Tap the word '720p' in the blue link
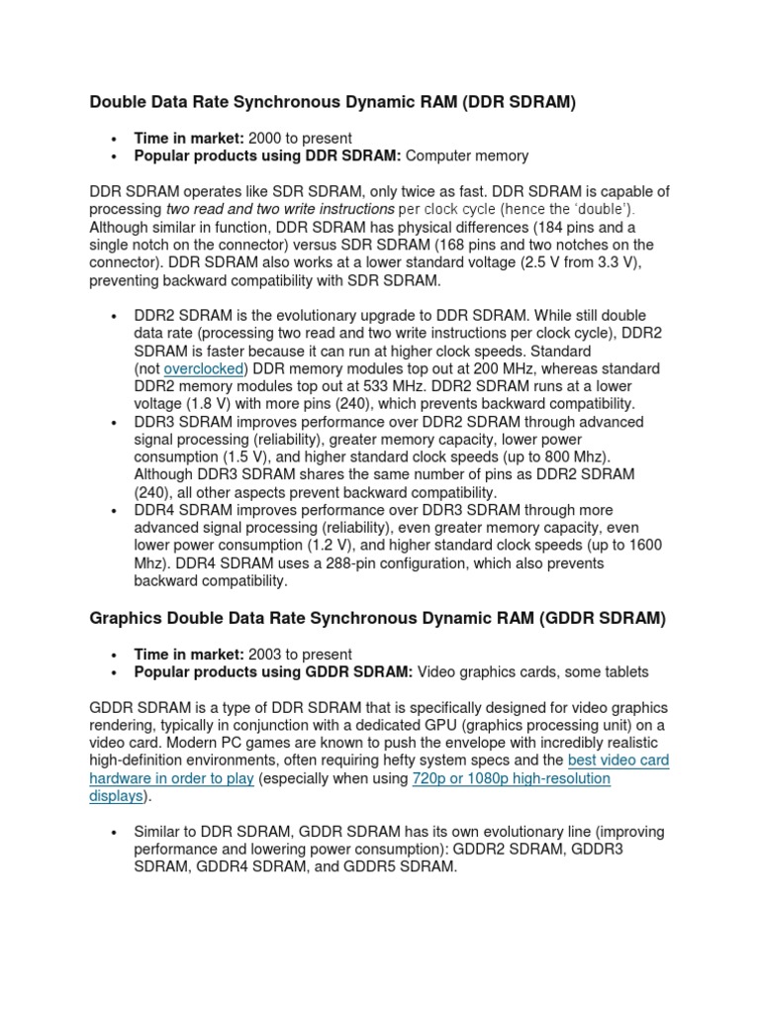click(430, 778)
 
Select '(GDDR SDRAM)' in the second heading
click(604, 619)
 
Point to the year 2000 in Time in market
click(266, 138)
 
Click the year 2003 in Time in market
click(266, 655)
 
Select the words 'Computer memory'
click(467, 155)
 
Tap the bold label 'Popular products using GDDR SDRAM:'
click(273, 672)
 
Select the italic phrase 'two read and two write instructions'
click(281, 209)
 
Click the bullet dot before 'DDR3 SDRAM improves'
click(117, 422)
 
